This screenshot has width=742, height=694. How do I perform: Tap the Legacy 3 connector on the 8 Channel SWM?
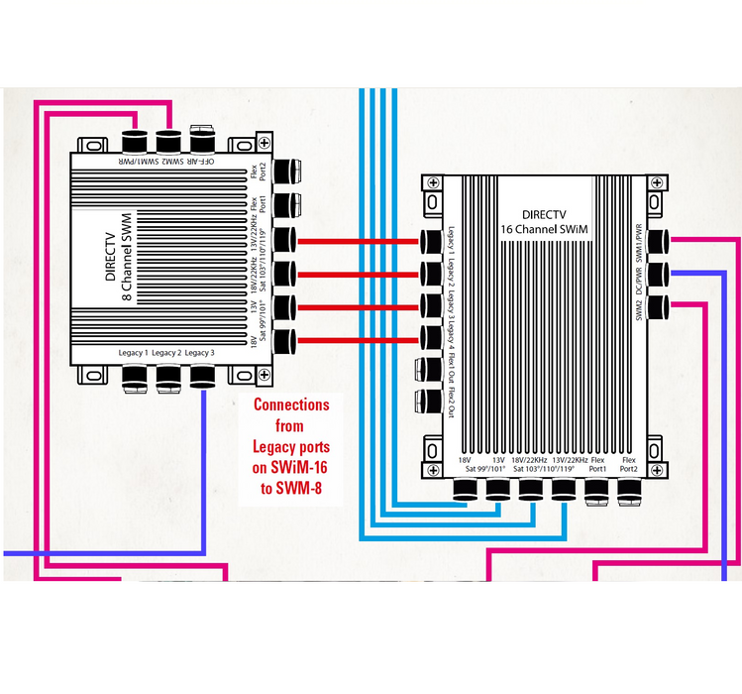203,377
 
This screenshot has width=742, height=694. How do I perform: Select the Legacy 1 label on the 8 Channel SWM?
132,353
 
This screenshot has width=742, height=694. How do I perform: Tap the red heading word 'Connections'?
291,405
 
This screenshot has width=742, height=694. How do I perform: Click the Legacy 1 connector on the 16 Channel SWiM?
430,241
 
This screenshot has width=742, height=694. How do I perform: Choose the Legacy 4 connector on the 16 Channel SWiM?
430,336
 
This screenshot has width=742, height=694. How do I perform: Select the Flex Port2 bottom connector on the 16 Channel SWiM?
629,489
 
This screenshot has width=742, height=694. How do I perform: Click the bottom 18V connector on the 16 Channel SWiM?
466,490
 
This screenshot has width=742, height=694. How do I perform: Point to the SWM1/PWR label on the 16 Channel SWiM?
639,238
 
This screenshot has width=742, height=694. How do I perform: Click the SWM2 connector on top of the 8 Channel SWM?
166,135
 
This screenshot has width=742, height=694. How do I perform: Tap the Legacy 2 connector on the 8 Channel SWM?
167,377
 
